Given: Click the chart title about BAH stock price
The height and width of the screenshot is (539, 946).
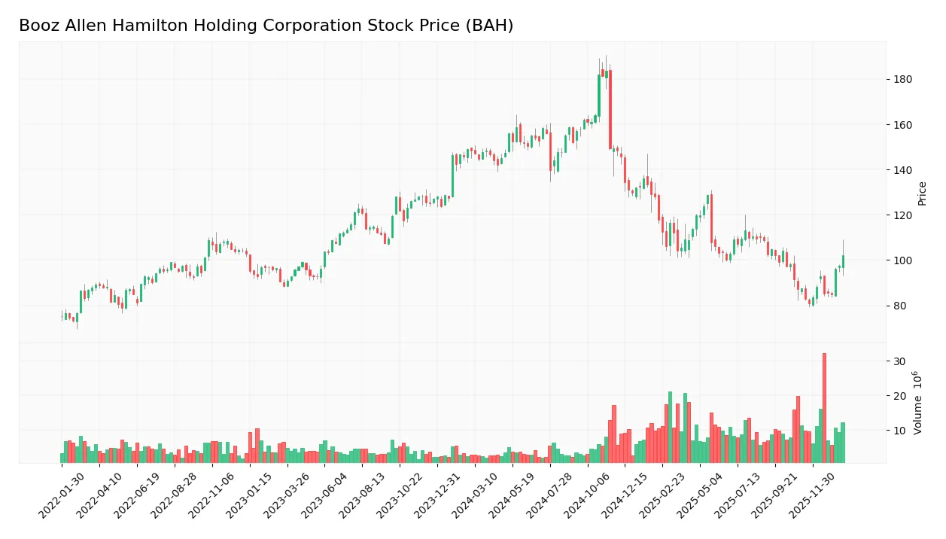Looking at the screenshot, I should tap(266, 26).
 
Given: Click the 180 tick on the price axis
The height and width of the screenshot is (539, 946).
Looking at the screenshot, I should tap(902, 80).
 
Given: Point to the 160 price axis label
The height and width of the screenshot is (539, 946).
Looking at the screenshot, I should tap(902, 125).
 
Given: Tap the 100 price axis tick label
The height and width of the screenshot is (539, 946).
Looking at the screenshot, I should tap(902, 260).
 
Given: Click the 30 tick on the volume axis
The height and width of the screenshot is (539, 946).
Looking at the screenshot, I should tap(899, 361).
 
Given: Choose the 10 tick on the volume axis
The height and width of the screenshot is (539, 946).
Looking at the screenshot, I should tap(899, 431).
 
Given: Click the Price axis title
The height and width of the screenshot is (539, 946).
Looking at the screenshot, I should tap(922, 193).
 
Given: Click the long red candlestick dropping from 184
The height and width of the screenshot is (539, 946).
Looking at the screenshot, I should tap(610, 109).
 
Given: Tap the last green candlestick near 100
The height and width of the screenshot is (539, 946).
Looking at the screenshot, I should tap(843, 261).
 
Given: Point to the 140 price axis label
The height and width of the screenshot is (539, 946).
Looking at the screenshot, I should tap(902, 170).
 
